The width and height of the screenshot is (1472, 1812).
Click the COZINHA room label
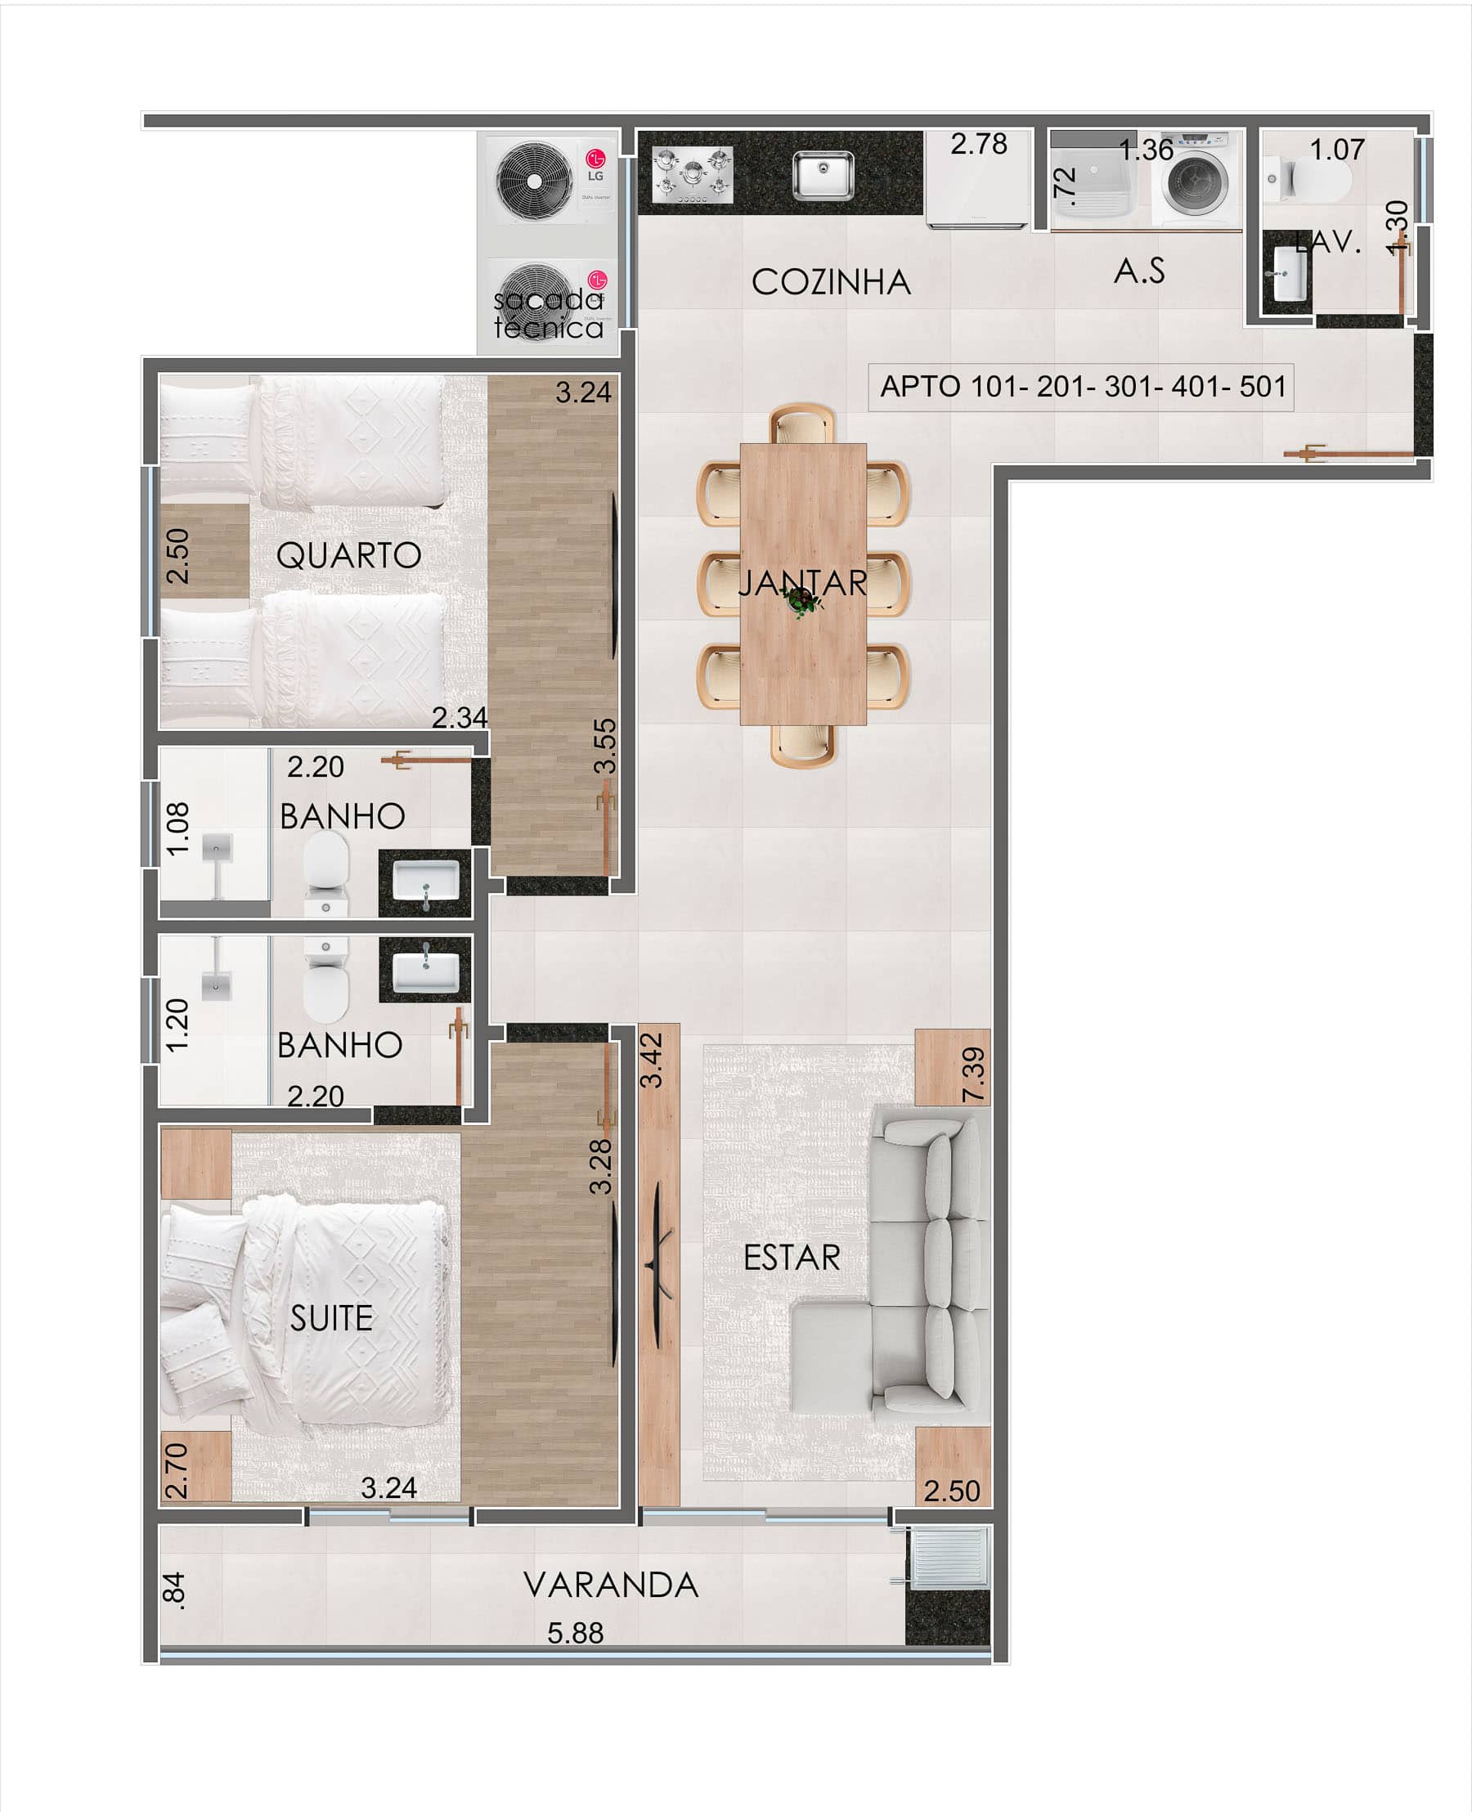(x=830, y=282)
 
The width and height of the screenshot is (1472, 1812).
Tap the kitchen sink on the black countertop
(x=823, y=175)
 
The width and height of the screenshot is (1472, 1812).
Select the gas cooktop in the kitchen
(x=692, y=175)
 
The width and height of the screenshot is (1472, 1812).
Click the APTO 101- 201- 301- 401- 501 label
(x=1082, y=387)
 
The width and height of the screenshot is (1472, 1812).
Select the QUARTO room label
(x=348, y=555)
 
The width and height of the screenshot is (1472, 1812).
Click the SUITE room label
(x=330, y=1318)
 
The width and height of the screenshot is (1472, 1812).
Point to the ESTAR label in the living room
(x=791, y=1258)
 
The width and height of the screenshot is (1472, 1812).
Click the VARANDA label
(x=611, y=1585)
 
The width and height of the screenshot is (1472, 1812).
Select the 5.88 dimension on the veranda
(x=575, y=1633)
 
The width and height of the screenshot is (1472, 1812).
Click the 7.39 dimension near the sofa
(x=973, y=1075)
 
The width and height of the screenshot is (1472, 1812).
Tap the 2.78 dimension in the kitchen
(x=979, y=144)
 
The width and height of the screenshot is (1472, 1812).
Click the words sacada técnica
(x=549, y=313)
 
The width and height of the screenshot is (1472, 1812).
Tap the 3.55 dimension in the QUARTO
(x=604, y=747)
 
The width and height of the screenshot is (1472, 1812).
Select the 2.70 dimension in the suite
(x=176, y=1471)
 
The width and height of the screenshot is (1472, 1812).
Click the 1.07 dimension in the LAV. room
(x=1336, y=150)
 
